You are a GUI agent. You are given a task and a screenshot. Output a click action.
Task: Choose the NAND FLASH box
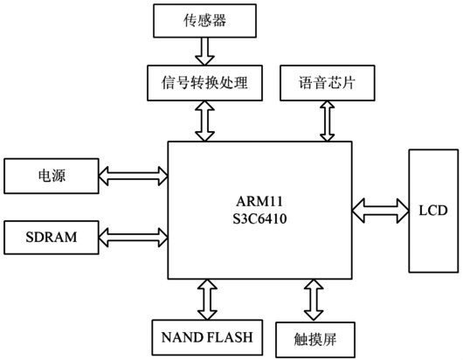(x=206, y=336)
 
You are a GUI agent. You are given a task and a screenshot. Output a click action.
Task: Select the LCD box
(x=432, y=210)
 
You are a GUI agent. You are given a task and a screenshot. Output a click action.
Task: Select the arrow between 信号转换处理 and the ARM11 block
(x=204, y=120)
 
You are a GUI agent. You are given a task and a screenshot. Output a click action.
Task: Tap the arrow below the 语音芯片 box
(x=328, y=120)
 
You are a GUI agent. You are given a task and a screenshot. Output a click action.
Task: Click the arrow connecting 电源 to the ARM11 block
(x=134, y=177)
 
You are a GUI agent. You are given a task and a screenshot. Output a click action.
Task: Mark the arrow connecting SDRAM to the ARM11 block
(x=134, y=235)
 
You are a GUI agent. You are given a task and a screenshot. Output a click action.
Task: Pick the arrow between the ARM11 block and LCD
(x=380, y=210)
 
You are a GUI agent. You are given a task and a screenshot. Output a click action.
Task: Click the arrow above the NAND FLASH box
(x=206, y=300)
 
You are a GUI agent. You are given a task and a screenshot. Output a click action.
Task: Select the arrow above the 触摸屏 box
(x=314, y=300)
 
